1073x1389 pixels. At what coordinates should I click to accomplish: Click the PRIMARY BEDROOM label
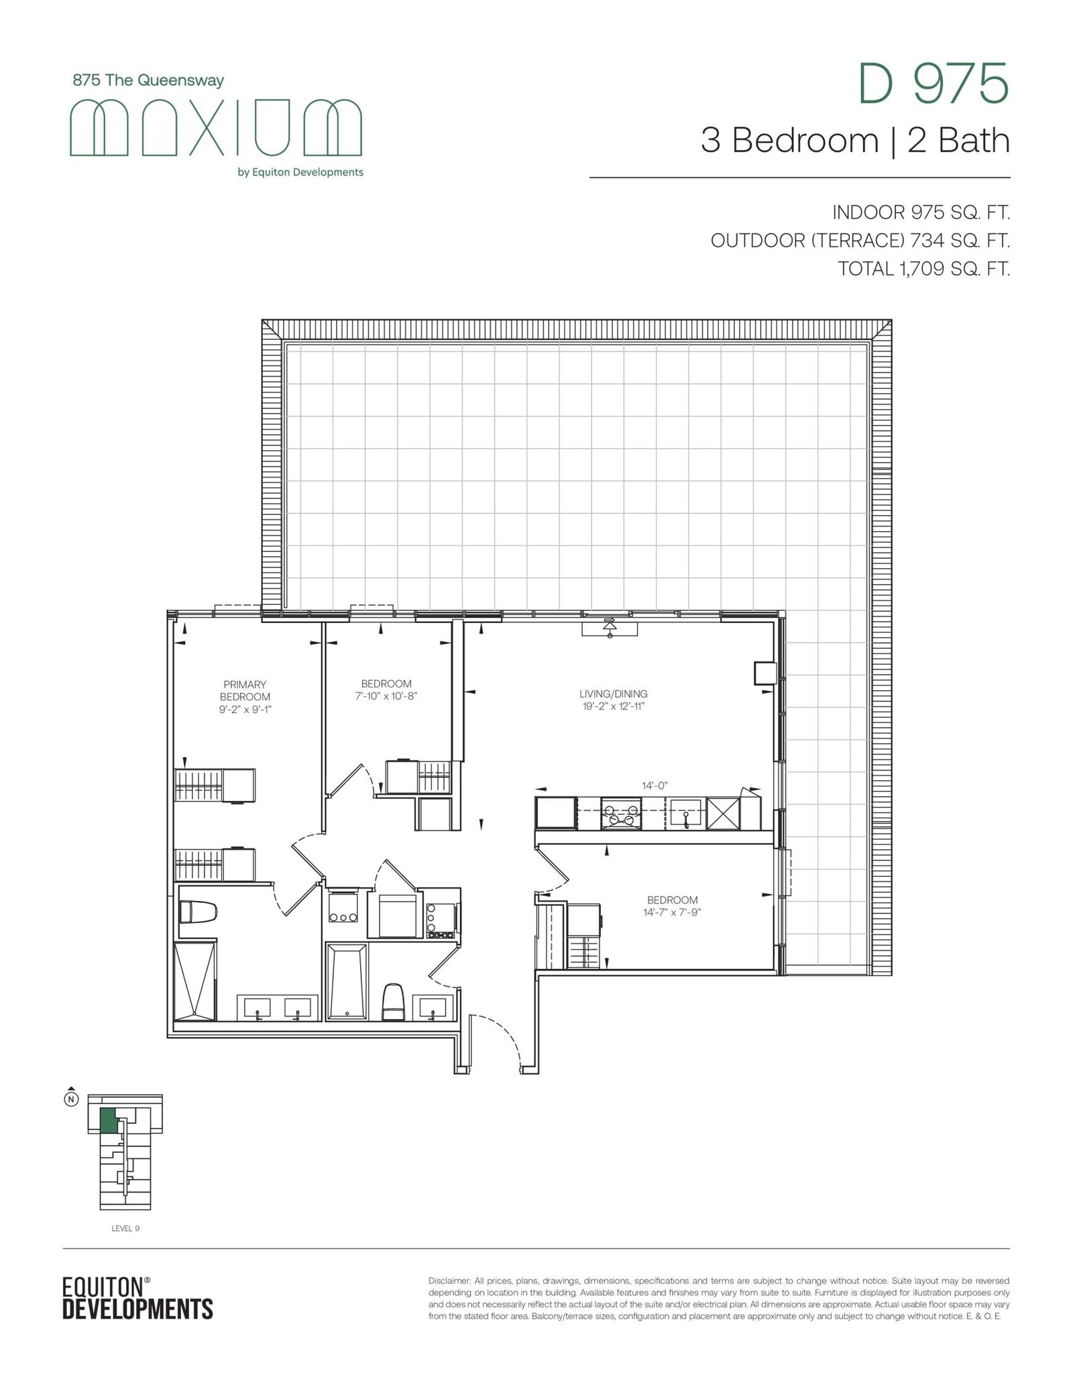click(x=245, y=690)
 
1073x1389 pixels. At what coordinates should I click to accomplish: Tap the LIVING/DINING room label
click(x=614, y=694)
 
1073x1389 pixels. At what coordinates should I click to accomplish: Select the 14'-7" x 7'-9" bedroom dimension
click(x=672, y=912)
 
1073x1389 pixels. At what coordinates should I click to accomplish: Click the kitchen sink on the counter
click(x=686, y=812)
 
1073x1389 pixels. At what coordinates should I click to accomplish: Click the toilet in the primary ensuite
click(x=199, y=912)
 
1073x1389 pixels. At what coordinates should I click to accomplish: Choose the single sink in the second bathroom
click(x=434, y=1007)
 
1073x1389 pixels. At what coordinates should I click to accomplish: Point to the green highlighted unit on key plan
click(x=107, y=1121)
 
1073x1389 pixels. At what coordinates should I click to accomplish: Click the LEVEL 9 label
click(x=125, y=1228)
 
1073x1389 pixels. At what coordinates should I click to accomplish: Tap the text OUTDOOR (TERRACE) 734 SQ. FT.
click(x=860, y=241)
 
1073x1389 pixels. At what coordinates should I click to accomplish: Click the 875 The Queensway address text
click(x=148, y=80)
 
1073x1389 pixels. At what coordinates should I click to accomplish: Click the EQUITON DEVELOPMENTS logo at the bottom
click(x=137, y=1296)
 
